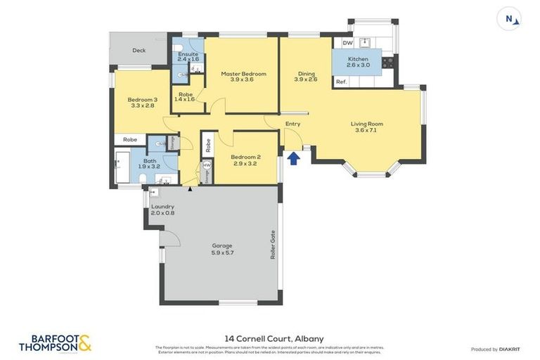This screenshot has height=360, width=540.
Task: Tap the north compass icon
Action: coord(509,19)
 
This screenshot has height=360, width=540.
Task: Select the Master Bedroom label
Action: coord(243,77)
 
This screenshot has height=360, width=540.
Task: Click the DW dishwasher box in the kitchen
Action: coord(347,44)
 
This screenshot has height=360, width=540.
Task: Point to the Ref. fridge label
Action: coord(341,82)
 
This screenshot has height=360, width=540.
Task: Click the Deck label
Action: coord(139,51)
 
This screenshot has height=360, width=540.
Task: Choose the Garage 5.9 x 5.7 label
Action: coord(222,249)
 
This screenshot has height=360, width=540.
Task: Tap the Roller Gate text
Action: coord(273,245)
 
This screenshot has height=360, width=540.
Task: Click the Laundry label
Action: coord(162,210)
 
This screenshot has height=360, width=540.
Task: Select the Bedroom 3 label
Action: coord(142,103)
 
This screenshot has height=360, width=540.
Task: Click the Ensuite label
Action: coord(188,56)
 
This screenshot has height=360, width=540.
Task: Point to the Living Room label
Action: coord(367,127)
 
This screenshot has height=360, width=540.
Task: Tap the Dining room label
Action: coord(306,76)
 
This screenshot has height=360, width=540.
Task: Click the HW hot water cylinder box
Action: coord(207,165)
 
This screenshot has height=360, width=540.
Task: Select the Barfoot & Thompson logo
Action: coord(55,343)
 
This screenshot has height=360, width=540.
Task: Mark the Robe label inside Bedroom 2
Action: coord(208,146)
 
